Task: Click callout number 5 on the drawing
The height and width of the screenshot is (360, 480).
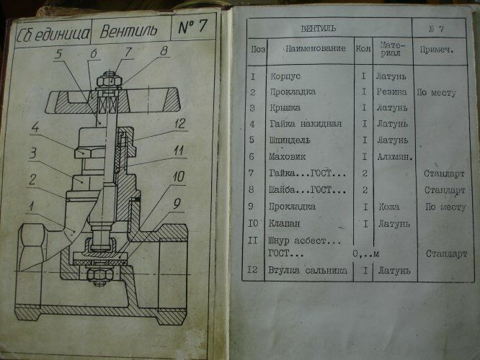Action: tap(59, 54)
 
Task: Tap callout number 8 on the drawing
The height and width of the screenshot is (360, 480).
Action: tap(164, 50)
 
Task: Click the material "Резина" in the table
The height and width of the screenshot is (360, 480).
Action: tap(391, 92)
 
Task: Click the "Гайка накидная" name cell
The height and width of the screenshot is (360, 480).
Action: tap(304, 124)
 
